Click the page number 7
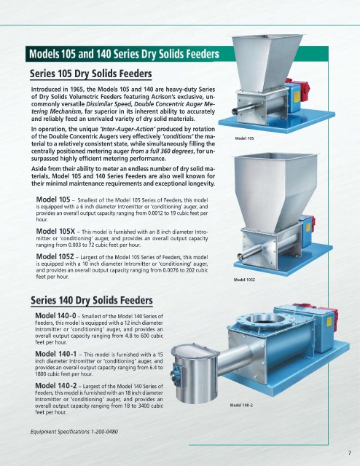349,453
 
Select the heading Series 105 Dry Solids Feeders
91,74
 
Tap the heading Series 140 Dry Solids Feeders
92,300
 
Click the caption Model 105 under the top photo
244,138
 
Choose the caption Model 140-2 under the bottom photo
241,405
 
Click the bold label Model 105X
55,232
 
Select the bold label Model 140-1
55,354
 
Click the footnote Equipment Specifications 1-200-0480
74,431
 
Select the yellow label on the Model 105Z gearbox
308,227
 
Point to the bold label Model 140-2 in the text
56,386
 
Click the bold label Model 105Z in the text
55,256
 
